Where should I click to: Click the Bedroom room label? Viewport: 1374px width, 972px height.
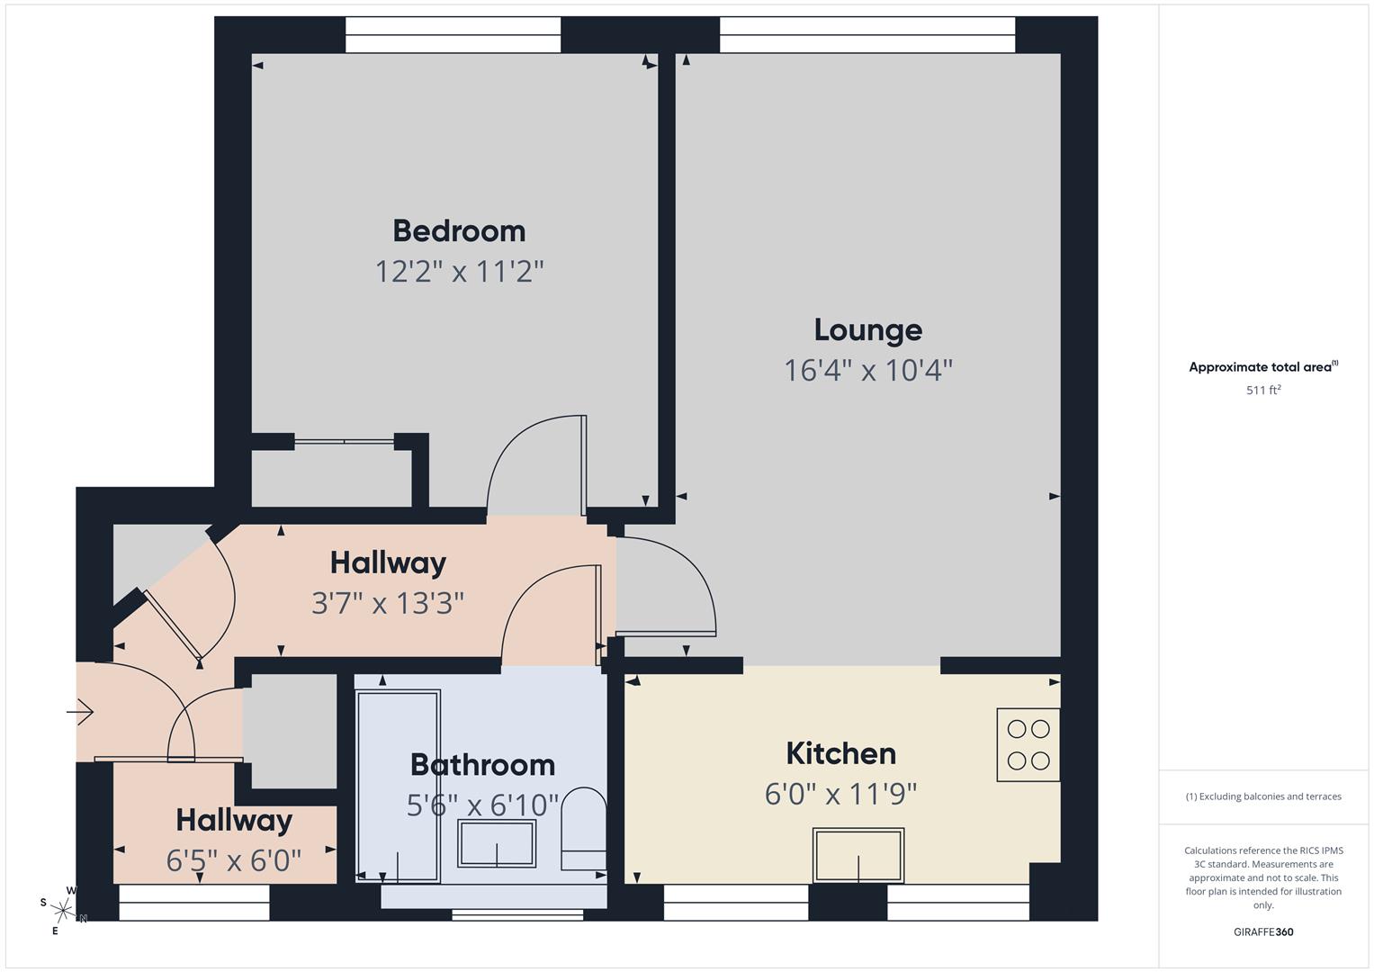click(459, 231)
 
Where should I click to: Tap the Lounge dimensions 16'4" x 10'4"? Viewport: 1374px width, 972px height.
click(867, 370)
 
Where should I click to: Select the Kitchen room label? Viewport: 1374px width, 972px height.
click(840, 753)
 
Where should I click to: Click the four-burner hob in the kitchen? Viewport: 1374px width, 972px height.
click(1028, 744)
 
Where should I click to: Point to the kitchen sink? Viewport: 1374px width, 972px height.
click(858, 855)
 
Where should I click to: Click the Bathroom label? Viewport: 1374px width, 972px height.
click(482, 764)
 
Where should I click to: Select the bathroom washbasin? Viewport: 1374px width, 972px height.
click(497, 843)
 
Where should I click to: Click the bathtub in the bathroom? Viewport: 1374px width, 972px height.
click(398, 785)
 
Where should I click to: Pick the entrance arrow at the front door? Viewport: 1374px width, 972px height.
click(80, 712)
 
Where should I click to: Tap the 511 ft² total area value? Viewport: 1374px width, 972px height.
click(1263, 390)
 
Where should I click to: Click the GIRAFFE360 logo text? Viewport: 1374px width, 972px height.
click(1263, 931)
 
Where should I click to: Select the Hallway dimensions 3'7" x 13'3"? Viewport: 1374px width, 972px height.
click(388, 602)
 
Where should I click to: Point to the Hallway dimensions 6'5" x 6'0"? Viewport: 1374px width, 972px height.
click(233, 860)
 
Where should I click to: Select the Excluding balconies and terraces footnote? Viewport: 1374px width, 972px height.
click(1263, 796)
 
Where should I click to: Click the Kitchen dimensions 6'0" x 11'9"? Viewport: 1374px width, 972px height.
click(840, 794)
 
